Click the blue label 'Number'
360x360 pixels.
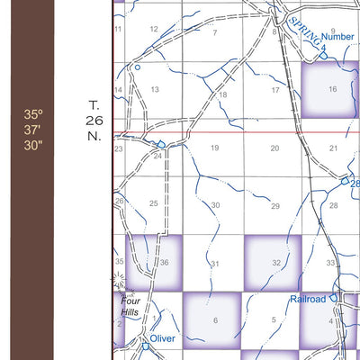coord(337,37)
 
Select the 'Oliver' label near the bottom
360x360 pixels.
coord(163,338)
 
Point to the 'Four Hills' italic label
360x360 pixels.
coord(131,308)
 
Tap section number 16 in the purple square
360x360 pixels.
coord(332,89)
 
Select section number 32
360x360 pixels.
coord(275,263)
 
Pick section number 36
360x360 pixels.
coord(164,263)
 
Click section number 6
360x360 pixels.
coord(215,320)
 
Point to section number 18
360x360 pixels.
coord(223,94)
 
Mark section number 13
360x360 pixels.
coord(155,89)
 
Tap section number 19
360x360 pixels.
coord(214,148)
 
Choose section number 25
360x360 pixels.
coord(153,203)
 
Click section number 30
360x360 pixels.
coord(215,205)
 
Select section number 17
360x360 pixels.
coord(275,90)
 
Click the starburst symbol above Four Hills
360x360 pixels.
coord(118,282)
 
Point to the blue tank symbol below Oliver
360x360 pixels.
coord(145,346)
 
